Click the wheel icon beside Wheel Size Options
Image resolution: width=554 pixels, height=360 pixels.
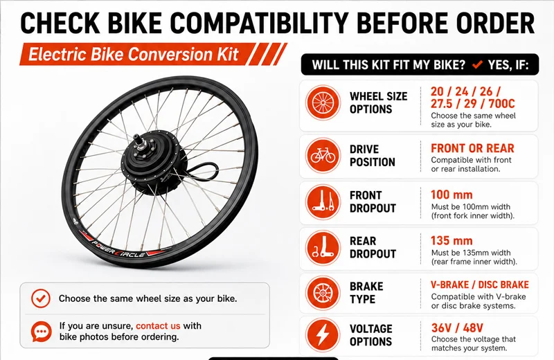coord(323,102)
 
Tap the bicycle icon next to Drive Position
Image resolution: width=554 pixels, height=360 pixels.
coord(323,156)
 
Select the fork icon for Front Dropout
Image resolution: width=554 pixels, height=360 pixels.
coord(323,202)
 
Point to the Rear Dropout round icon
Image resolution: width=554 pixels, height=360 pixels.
coord(323,248)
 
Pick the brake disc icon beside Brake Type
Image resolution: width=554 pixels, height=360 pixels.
coord(323,293)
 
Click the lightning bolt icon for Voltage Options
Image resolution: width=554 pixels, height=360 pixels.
coord(323,335)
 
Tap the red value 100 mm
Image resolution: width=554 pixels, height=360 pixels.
coord(452,195)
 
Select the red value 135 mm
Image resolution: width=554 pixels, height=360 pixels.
coord(452,241)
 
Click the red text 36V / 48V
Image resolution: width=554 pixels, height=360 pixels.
coord(457,328)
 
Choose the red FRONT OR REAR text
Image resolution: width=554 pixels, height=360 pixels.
coord(472,148)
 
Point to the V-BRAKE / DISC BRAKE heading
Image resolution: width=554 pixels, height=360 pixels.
coord(479,285)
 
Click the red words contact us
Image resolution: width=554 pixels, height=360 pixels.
coord(158,326)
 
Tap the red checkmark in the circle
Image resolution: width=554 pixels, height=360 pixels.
coord(41,298)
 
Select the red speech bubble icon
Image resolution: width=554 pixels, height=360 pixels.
coord(42,332)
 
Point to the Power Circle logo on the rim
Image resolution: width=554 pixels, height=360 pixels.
coord(118,249)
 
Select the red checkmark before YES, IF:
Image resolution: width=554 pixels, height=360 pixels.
coord(477,64)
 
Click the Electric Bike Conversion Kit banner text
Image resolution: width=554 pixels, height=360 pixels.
coord(134,55)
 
